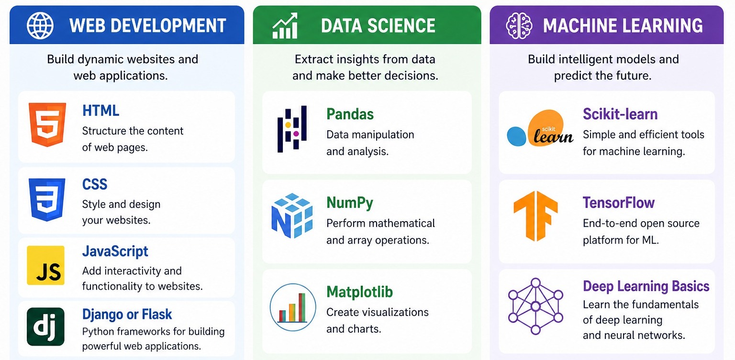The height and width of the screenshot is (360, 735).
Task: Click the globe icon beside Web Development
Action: click(x=40, y=25)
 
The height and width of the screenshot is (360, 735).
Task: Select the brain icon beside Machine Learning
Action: click(x=519, y=25)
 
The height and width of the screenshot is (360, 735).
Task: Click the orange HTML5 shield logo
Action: click(x=47, y=124)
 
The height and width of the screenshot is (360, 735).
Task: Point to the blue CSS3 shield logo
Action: click(x=47, y=200)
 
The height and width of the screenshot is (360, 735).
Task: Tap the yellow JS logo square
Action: click(x=45, y=265)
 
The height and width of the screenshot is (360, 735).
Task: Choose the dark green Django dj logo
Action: click(x=45, y=326)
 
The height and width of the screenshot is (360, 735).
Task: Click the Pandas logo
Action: click(x=292, y=129)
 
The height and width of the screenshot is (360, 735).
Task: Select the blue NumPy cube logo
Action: click(x=292, y=215)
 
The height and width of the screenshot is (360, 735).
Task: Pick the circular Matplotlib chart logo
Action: click(x=293, y=307)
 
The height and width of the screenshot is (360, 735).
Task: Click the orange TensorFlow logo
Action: click(x=535, y=216)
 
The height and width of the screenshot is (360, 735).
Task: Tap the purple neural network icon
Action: click(x=535, y=306)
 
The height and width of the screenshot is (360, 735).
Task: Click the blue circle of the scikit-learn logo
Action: click(x=516, y=136)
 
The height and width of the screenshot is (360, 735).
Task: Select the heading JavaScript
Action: click(x=115, y=252)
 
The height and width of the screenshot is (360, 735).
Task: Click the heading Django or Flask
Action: click(x=127, y=315)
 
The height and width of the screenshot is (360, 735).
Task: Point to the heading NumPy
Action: click(x=350, y=203)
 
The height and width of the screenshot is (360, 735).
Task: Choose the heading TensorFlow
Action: click(x=619, y=203)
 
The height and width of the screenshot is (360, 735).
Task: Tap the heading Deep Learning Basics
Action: click(x=646, y=286)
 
